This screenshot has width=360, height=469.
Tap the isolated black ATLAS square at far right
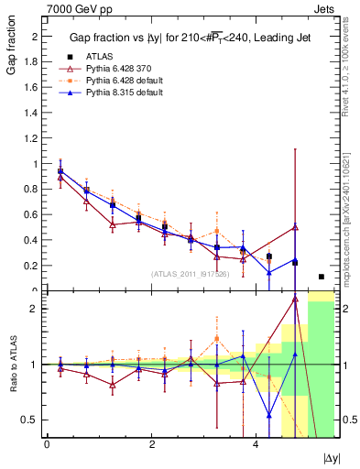point(321,277)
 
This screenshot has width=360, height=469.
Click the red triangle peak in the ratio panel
point(295,299)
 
